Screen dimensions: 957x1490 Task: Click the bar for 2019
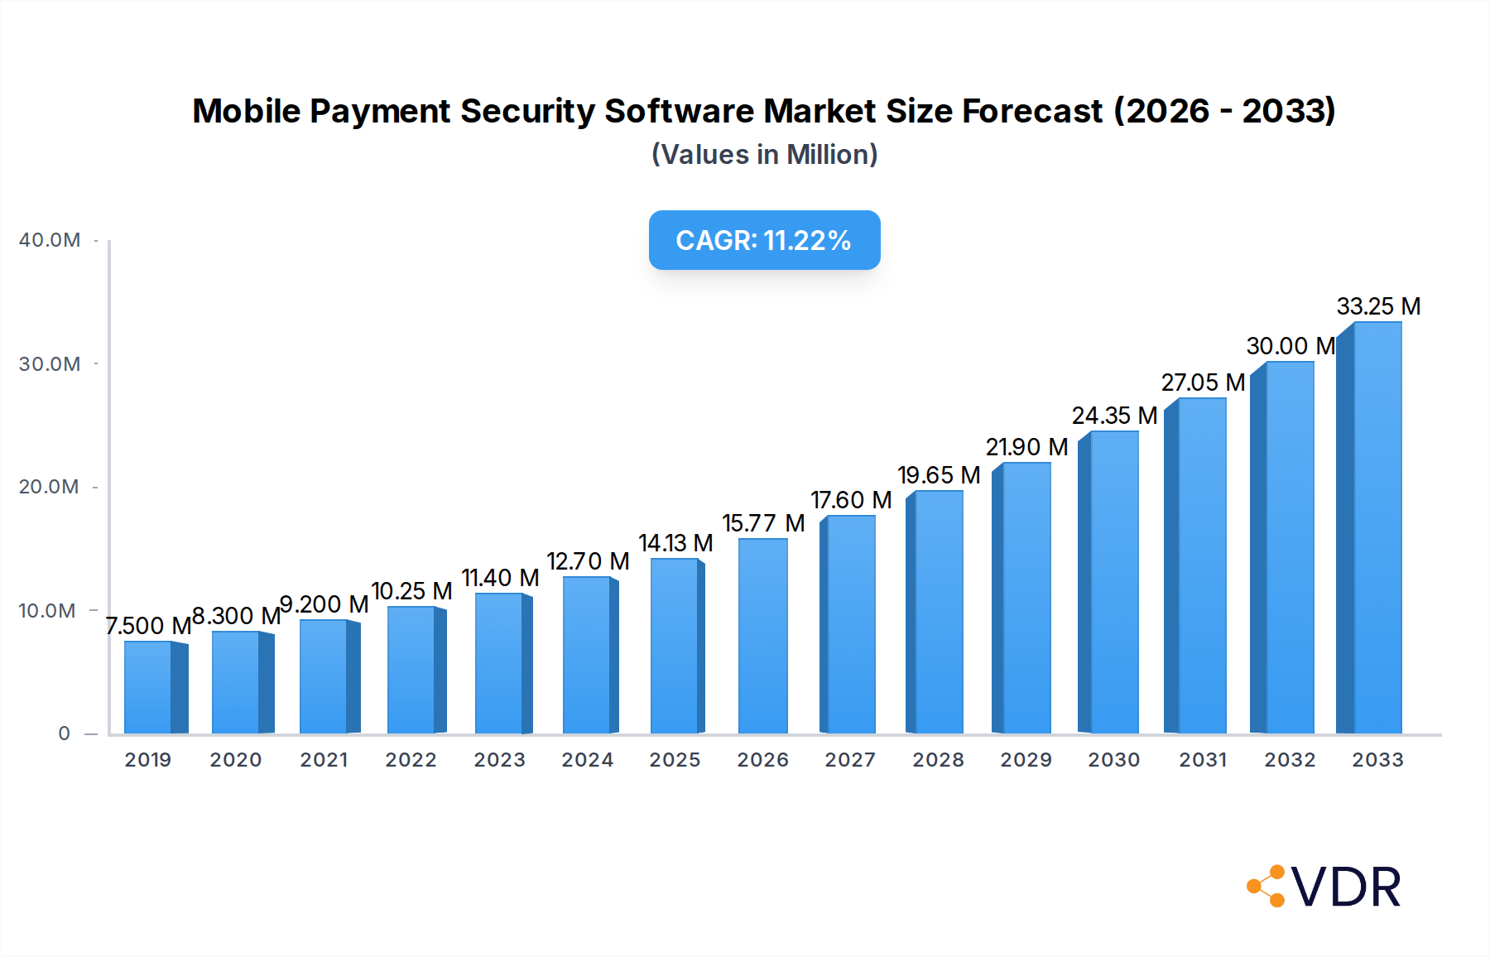coord(149,687)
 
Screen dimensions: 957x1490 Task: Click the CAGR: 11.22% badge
coord(764,240)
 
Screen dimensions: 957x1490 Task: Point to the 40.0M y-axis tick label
coord(50,240)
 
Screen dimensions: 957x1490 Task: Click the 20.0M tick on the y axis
coord(50,487)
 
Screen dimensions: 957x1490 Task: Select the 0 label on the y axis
coord(65,733)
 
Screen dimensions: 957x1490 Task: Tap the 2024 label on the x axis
coord(587,760)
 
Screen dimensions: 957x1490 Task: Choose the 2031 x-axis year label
coord(1202,760)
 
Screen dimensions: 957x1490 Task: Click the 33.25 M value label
coord(1378,306)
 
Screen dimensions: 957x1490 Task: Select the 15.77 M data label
coord(763,523)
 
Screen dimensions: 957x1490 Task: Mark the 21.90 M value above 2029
coord(1026,447)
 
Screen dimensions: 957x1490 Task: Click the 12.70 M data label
coord(588,561)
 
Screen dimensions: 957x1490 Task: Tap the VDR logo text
coord(1346,887)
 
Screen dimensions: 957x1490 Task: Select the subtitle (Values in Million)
coord(764,155)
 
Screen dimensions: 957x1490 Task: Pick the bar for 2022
coord(411,670)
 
